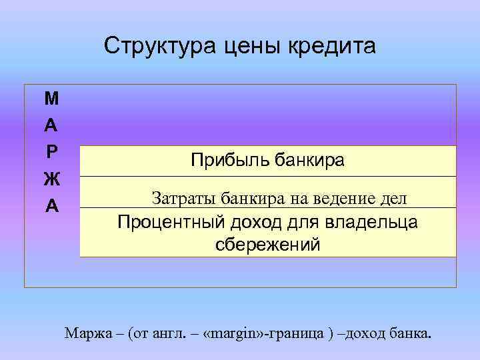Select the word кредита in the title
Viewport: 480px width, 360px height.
coord(332,46)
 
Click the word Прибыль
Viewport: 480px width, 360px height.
coord(226,160)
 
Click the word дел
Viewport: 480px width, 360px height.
coord(393,197)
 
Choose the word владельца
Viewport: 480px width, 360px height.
coord(375,222)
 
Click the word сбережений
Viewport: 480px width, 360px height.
coord(267,245)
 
